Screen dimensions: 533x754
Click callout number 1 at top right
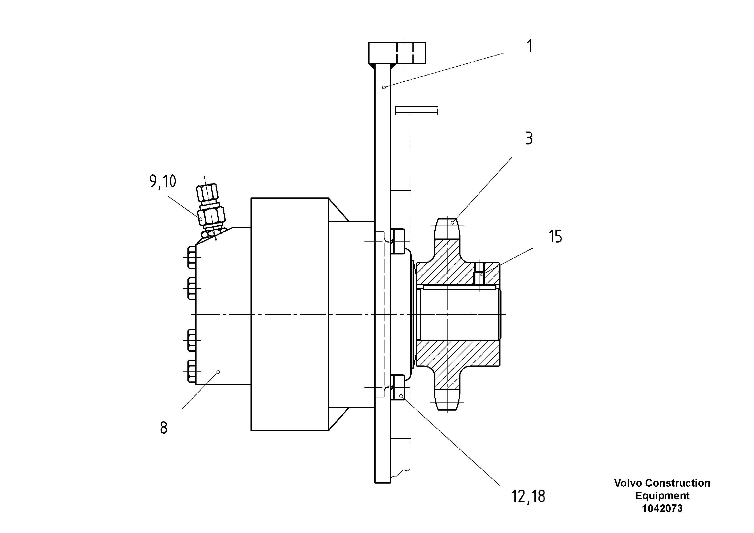(x=529, y=46)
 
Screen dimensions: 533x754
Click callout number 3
(x=529, y=139)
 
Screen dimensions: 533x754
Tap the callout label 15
(x=555, y=237)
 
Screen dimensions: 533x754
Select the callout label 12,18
(x=528, y=497)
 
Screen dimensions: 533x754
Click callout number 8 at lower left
(x=164, y=428)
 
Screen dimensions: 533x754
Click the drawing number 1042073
(x=662, y=508)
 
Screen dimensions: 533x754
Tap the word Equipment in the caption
(x=662, y=495)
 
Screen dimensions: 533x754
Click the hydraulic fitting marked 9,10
(x=210, y=210)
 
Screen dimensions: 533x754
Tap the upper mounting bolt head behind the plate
(x=398, y=242)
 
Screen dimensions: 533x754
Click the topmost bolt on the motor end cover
(x=192, y=258)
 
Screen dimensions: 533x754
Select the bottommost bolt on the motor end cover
(x=192, y=371)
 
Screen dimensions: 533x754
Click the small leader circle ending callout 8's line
(x=218, y=372)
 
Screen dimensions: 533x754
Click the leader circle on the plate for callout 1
(x=384, y=87)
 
